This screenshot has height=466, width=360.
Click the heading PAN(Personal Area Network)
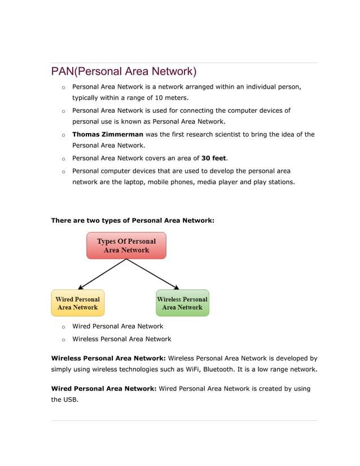pyautogui.click(x=124, y=72)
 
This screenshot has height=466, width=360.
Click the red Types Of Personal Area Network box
pyautogui.click(x=126, y=246)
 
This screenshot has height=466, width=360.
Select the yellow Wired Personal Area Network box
pyautogui.click(x=78, y=304)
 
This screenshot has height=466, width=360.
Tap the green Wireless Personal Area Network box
pyautogui.click(x=182, y=304)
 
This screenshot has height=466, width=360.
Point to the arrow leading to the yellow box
pyautogui.click(x=102, y=274)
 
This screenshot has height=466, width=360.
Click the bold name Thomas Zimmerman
pyautogui.click(x=108, y=134)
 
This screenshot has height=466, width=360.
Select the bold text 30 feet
pyautogui.click(x=213, y=158)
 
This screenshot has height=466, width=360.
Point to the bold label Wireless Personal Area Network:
pyautogui.click(x=108, y=358)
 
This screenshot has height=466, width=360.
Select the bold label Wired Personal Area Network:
pyautogui.click(x=104, y=389)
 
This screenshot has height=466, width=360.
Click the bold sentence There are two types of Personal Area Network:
pyautogui.click(x=133, y=220)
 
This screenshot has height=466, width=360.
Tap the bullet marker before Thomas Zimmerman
pyautogui.click(x=63, y=135)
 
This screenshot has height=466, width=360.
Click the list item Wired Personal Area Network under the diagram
pyautogui.click(x=117, y=326)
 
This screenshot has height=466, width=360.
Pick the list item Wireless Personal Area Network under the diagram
pyautogui.click(x=121, y=339)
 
